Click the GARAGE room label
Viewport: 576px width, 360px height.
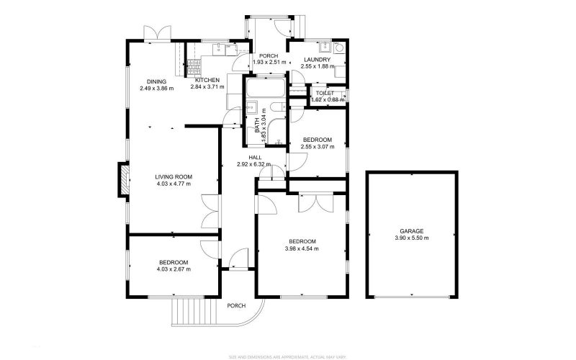(x=412, y=231)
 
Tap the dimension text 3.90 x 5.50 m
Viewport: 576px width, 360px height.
(x=412, y=238)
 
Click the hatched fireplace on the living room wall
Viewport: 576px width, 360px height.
(x=123, y=180)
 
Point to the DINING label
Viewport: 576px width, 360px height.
(x=156, y=81)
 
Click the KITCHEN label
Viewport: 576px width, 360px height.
(x=207, y=80)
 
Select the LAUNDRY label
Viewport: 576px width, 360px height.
(x=317, y=60)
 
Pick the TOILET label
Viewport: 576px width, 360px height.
(x=323, y=94)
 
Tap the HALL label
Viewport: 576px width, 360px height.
(x=255, y=157)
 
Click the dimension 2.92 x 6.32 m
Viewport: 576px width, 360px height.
(x=255, y=164)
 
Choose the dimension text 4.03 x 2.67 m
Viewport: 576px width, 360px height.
(x=174, y=269)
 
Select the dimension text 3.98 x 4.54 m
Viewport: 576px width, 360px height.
(x=302, y=248)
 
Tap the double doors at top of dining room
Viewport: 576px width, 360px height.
(x=156, y=33)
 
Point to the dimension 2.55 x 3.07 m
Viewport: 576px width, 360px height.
(x=317, y=147)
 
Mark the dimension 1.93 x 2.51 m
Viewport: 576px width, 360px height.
(x=269, y=63)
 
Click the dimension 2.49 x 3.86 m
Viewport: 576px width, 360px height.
(x=156, y=89)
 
